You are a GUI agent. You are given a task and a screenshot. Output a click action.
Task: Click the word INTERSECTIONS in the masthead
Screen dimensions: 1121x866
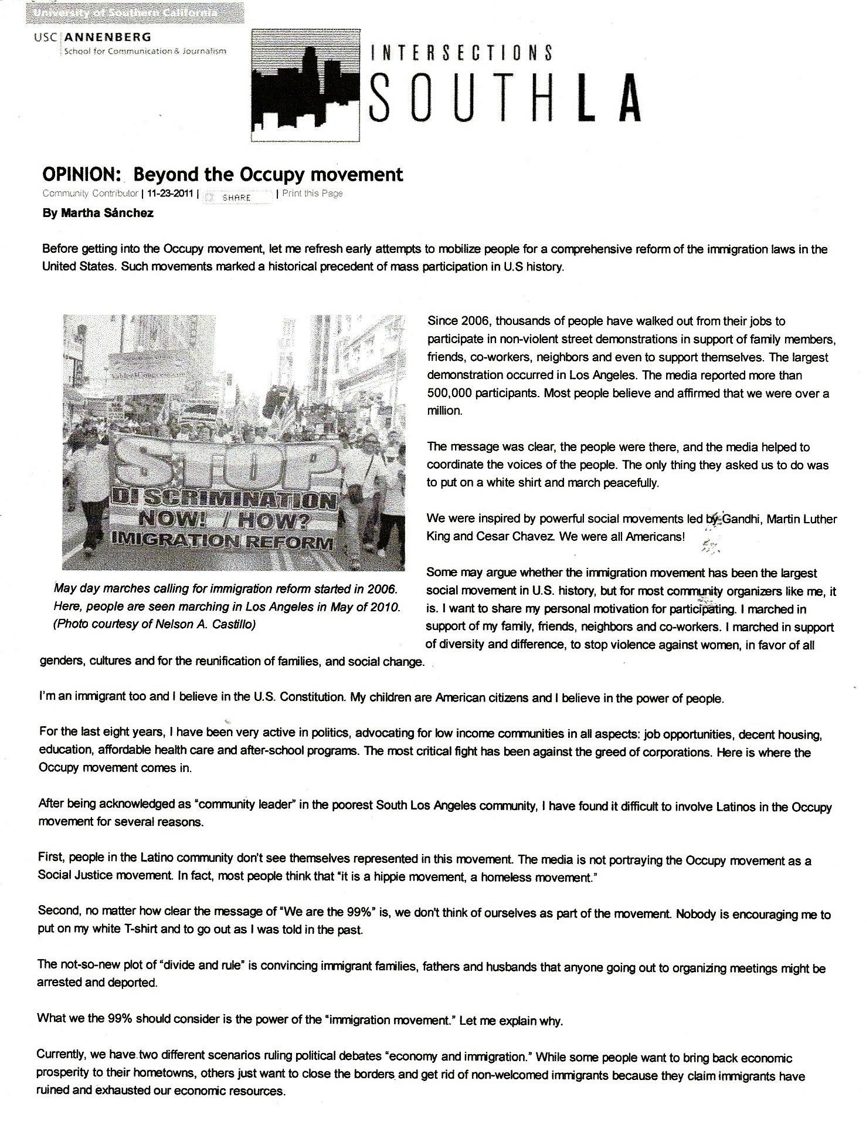[x=461, y=53]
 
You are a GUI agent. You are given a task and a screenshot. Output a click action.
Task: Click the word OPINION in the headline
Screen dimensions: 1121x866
[x=81, y=174]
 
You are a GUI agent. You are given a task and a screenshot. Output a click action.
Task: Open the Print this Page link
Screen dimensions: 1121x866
[x=312, y=194]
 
